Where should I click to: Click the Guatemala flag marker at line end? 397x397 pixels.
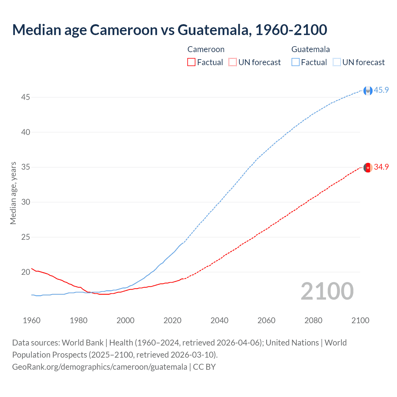pos(368,91)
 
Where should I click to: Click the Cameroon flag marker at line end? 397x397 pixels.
pos(368,167)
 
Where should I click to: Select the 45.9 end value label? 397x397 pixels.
pos(381,90)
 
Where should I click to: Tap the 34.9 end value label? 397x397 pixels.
pos(381,167)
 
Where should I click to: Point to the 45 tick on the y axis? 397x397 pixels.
pos(25,97)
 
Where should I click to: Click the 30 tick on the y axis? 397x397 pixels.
pos(25,202)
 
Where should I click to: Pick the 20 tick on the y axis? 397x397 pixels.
pos(25,272)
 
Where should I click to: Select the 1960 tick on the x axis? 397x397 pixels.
pos(32,320)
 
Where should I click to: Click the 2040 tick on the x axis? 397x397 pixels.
pos(219,320)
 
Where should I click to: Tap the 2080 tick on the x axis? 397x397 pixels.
pos(313,320)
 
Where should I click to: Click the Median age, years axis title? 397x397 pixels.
pos(13,193)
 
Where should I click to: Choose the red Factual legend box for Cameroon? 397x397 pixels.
pos(191,62)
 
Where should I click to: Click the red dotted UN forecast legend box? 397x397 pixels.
pos(233,62)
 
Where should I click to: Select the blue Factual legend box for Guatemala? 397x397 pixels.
pos(295,62)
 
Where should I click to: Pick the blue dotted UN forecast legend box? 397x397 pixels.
pos(337,62)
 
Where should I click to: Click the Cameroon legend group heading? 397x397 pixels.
pos(206,49)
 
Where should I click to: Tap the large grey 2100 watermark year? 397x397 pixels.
pos(327,291)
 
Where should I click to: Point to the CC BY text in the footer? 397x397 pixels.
pos(204,367)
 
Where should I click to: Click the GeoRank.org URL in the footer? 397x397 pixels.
pos(100,367)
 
